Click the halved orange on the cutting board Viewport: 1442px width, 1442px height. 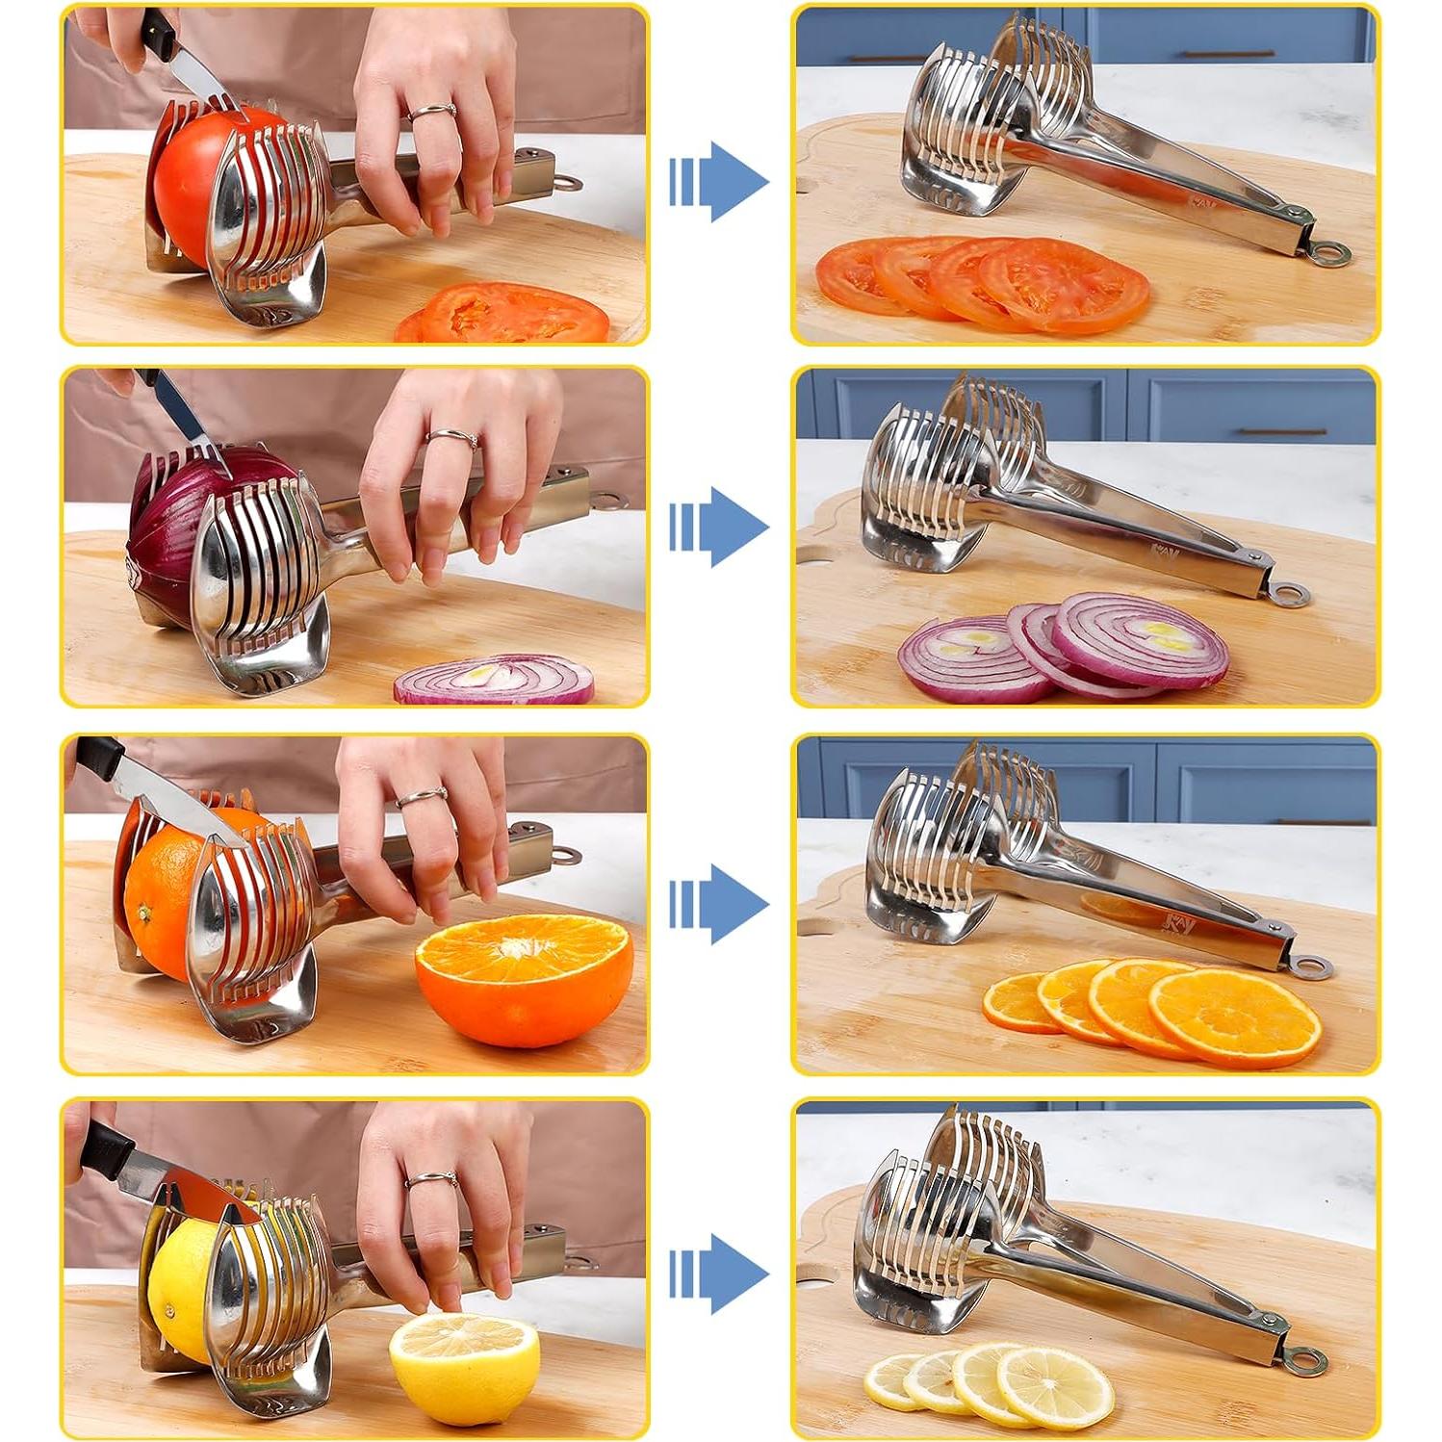pyautogui.click(x=525, y=977)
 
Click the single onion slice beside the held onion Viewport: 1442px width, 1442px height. pyautogui.click(x=494, y=681)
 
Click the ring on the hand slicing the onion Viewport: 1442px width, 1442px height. pyautogui.click(x=452, y=439)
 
